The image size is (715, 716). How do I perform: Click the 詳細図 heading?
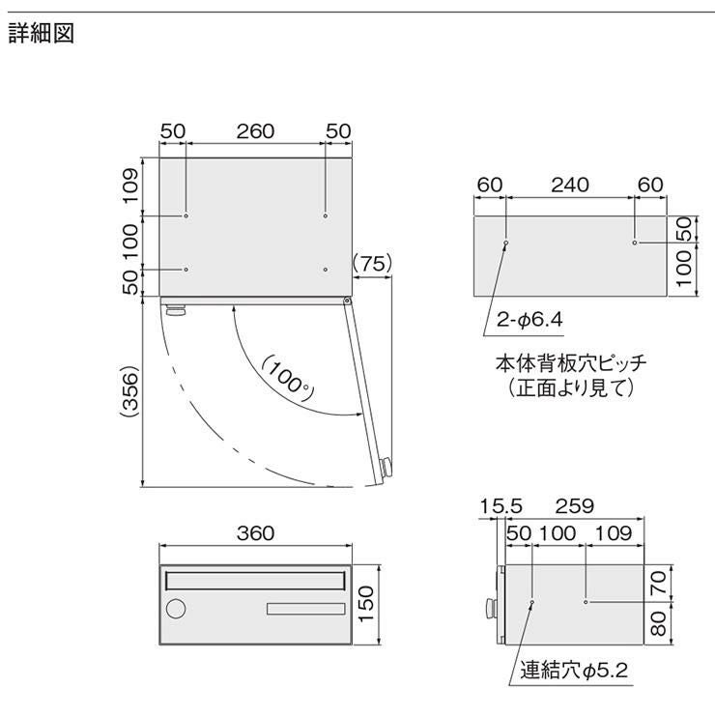click(42, 34)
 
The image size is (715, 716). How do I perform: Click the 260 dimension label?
click(255, 131)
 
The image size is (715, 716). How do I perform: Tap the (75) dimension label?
click(373, 264)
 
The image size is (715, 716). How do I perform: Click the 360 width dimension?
click(255, 533)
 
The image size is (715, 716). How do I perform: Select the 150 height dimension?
click(366, 604)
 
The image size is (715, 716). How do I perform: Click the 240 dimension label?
click(570, 185)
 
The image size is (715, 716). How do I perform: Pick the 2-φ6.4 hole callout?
click(529, 319)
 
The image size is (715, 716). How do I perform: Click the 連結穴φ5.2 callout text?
click(574, 671)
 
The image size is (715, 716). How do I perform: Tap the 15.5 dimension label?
click(500, 506)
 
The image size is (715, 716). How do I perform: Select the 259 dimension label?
click(574, 506)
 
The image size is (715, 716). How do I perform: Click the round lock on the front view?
click(176, 609)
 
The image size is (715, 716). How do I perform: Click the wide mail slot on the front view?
click(255, 581)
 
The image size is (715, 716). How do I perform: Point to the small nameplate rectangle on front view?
click(306, 609)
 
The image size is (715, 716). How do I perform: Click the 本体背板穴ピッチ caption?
click(571, 364)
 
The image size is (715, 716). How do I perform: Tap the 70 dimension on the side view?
click(658, 584)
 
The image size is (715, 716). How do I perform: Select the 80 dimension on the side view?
click(658, 624)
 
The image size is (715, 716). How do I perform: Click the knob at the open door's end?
click(386, 467)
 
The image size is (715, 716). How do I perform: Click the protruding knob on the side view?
click(491, 607)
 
